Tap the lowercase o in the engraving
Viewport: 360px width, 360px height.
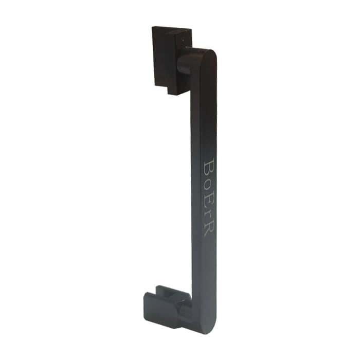[x=209, y=184]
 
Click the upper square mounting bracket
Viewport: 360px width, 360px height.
[x=171, y=61]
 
